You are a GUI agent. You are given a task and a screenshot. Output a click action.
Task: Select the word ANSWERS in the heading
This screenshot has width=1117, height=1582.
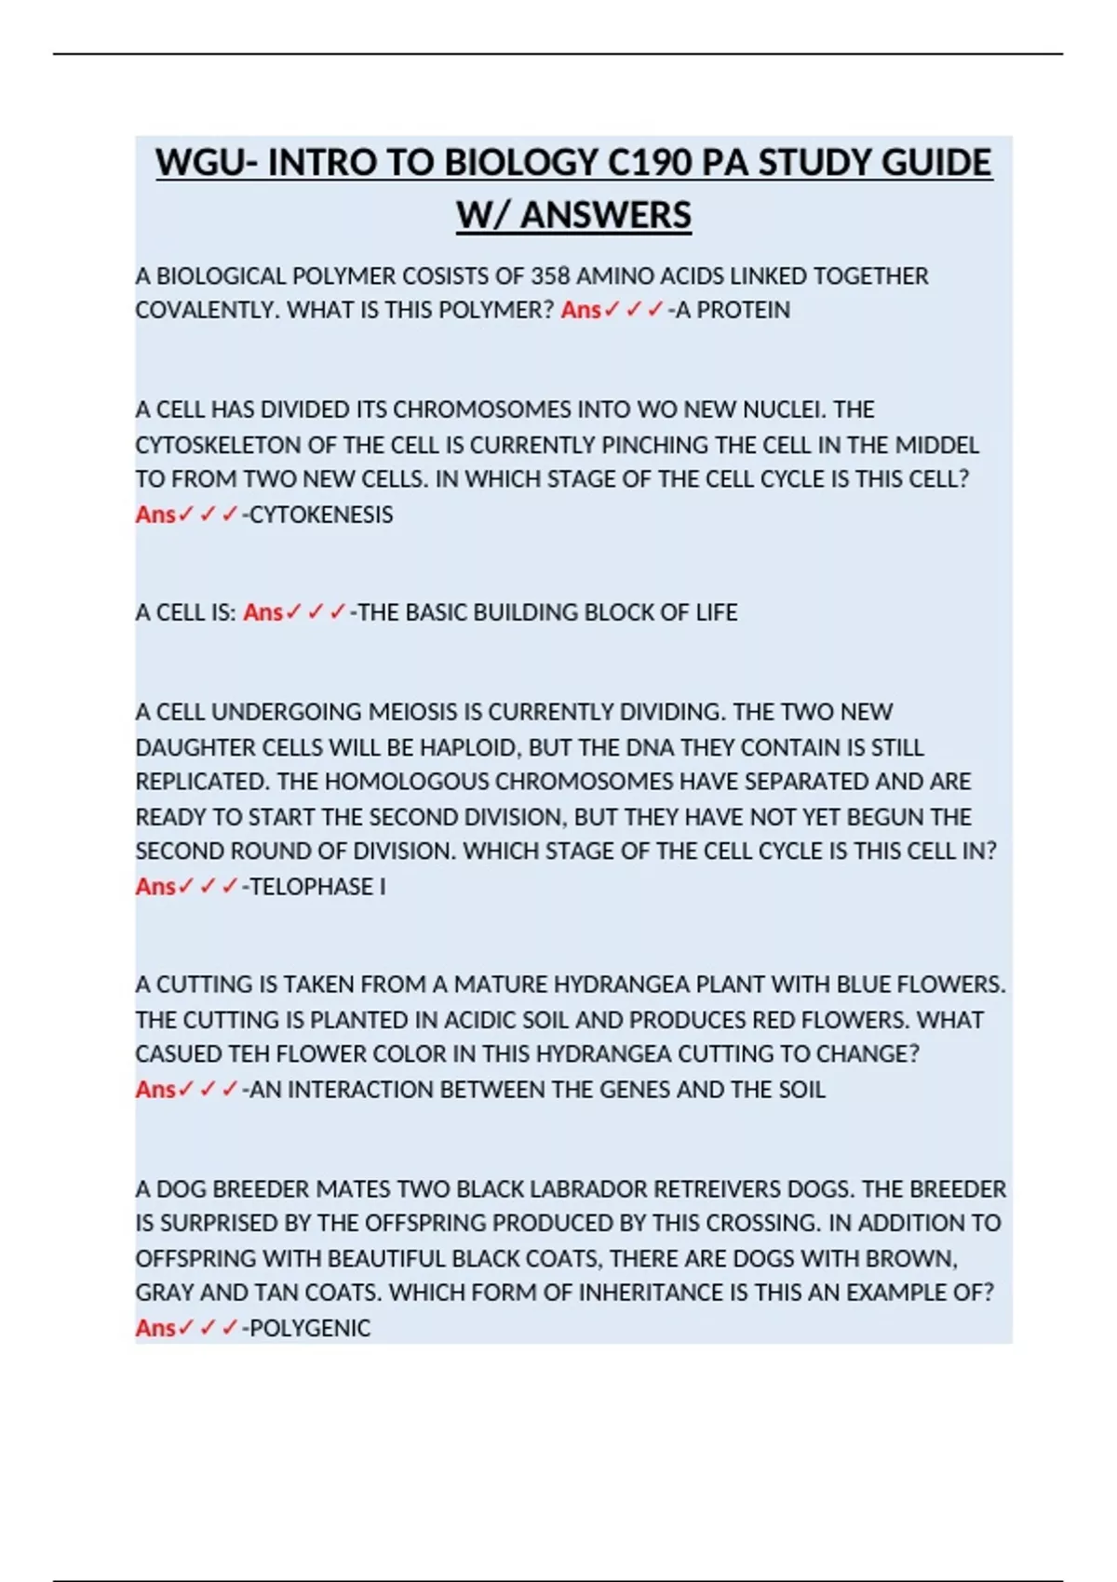(x=606, y=215)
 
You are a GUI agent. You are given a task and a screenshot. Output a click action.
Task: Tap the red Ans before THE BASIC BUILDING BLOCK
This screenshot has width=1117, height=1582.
(x=262, y=612)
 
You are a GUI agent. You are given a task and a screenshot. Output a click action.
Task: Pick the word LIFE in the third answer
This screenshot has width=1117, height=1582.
(x=716, y=612)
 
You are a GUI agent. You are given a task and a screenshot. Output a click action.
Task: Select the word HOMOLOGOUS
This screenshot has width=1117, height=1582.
(x=400, y=782)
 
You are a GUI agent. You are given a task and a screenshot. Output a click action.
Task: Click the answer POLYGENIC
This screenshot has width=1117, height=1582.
(x=310, y=1328)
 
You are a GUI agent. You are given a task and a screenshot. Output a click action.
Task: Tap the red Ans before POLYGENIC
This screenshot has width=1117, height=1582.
(x=155, y=1328)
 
